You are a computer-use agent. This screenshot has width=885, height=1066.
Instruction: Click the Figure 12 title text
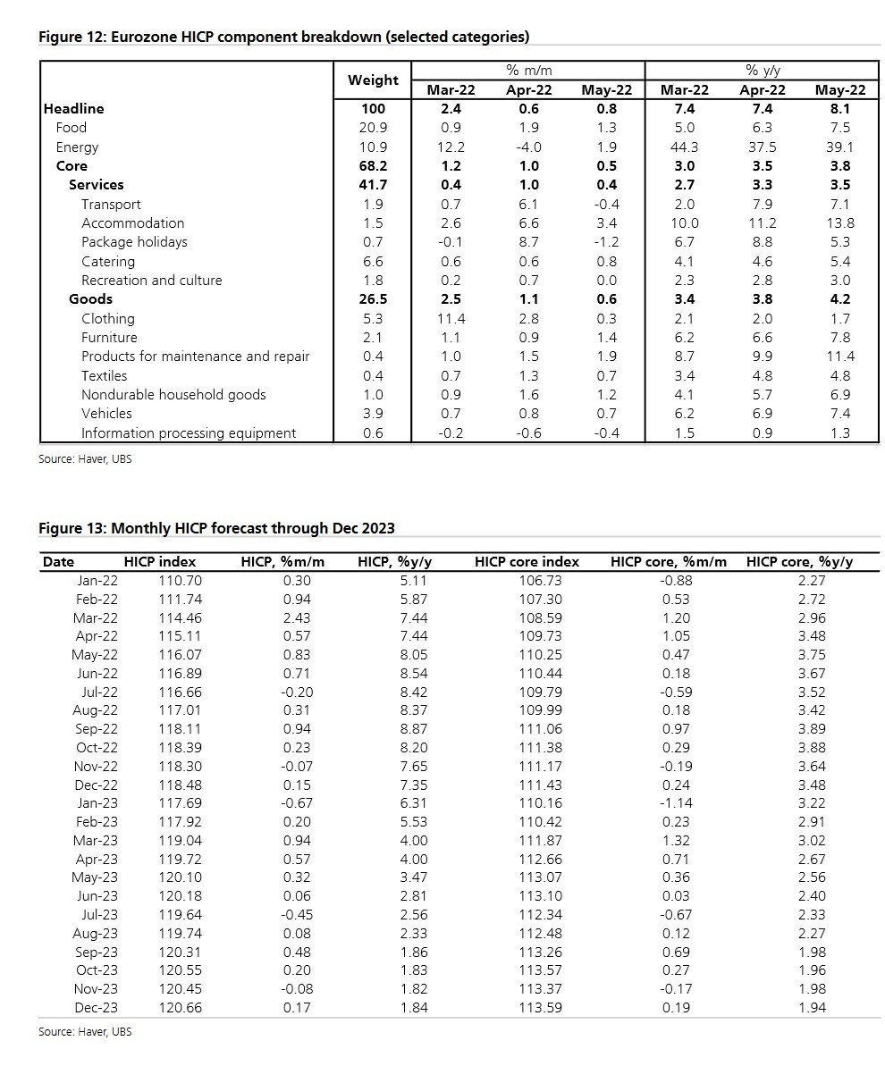(x=283, y=37)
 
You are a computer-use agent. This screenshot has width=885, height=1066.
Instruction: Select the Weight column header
(x=373, y=80)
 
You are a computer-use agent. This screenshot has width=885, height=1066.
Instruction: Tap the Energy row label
(x=77, y=147)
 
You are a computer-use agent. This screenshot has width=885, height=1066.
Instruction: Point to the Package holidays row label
(x=134, y=241)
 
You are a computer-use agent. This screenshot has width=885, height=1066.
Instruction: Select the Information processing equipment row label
(x=189, y=432)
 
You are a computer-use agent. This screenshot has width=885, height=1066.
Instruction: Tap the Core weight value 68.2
(x=373, y=165)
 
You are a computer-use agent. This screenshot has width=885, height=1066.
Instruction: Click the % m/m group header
(x=528, y=70)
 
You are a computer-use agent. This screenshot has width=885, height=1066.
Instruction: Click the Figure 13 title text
(x=216, y=528)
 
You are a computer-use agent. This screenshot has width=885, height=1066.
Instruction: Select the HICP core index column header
(x=527, y=562)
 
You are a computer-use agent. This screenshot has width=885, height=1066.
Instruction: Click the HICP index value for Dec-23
(x=180, y=1007)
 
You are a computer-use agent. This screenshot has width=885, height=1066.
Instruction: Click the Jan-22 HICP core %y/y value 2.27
(x=811, y=580)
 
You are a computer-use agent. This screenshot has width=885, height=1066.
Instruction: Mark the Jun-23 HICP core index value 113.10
(x=539, y=895)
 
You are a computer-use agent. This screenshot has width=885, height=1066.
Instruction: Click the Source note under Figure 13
(x=85, y=1031)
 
